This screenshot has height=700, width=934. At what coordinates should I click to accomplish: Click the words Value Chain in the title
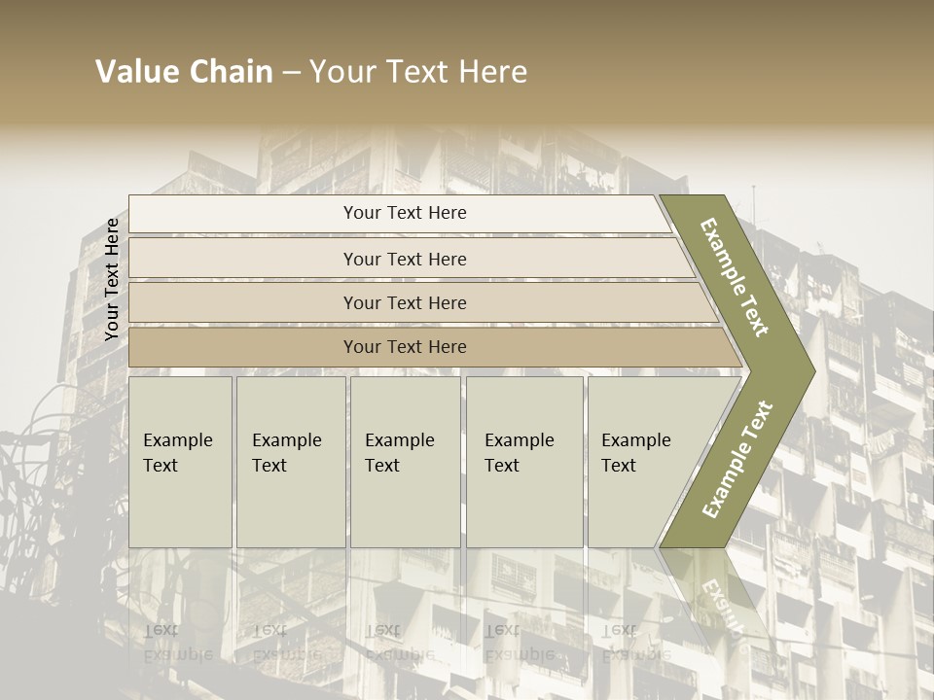[x=184, y=72]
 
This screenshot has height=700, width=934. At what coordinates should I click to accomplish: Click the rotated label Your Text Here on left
[x=112, y=279]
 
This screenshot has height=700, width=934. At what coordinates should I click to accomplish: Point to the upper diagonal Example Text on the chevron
[x=735, y=277]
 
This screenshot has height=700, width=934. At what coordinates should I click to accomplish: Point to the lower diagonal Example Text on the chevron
[x=736, y=459]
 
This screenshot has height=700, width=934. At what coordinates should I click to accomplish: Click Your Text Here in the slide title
[x=418, y=72]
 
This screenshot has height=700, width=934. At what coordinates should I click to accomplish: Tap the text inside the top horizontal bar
[x=405, y=213]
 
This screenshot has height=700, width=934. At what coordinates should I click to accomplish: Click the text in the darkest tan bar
[x=405, y=347]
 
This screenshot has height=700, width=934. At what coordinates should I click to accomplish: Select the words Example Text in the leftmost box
[x=177, y=452]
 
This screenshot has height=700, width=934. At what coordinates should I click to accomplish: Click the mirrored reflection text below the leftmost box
[x=177, y=644]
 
